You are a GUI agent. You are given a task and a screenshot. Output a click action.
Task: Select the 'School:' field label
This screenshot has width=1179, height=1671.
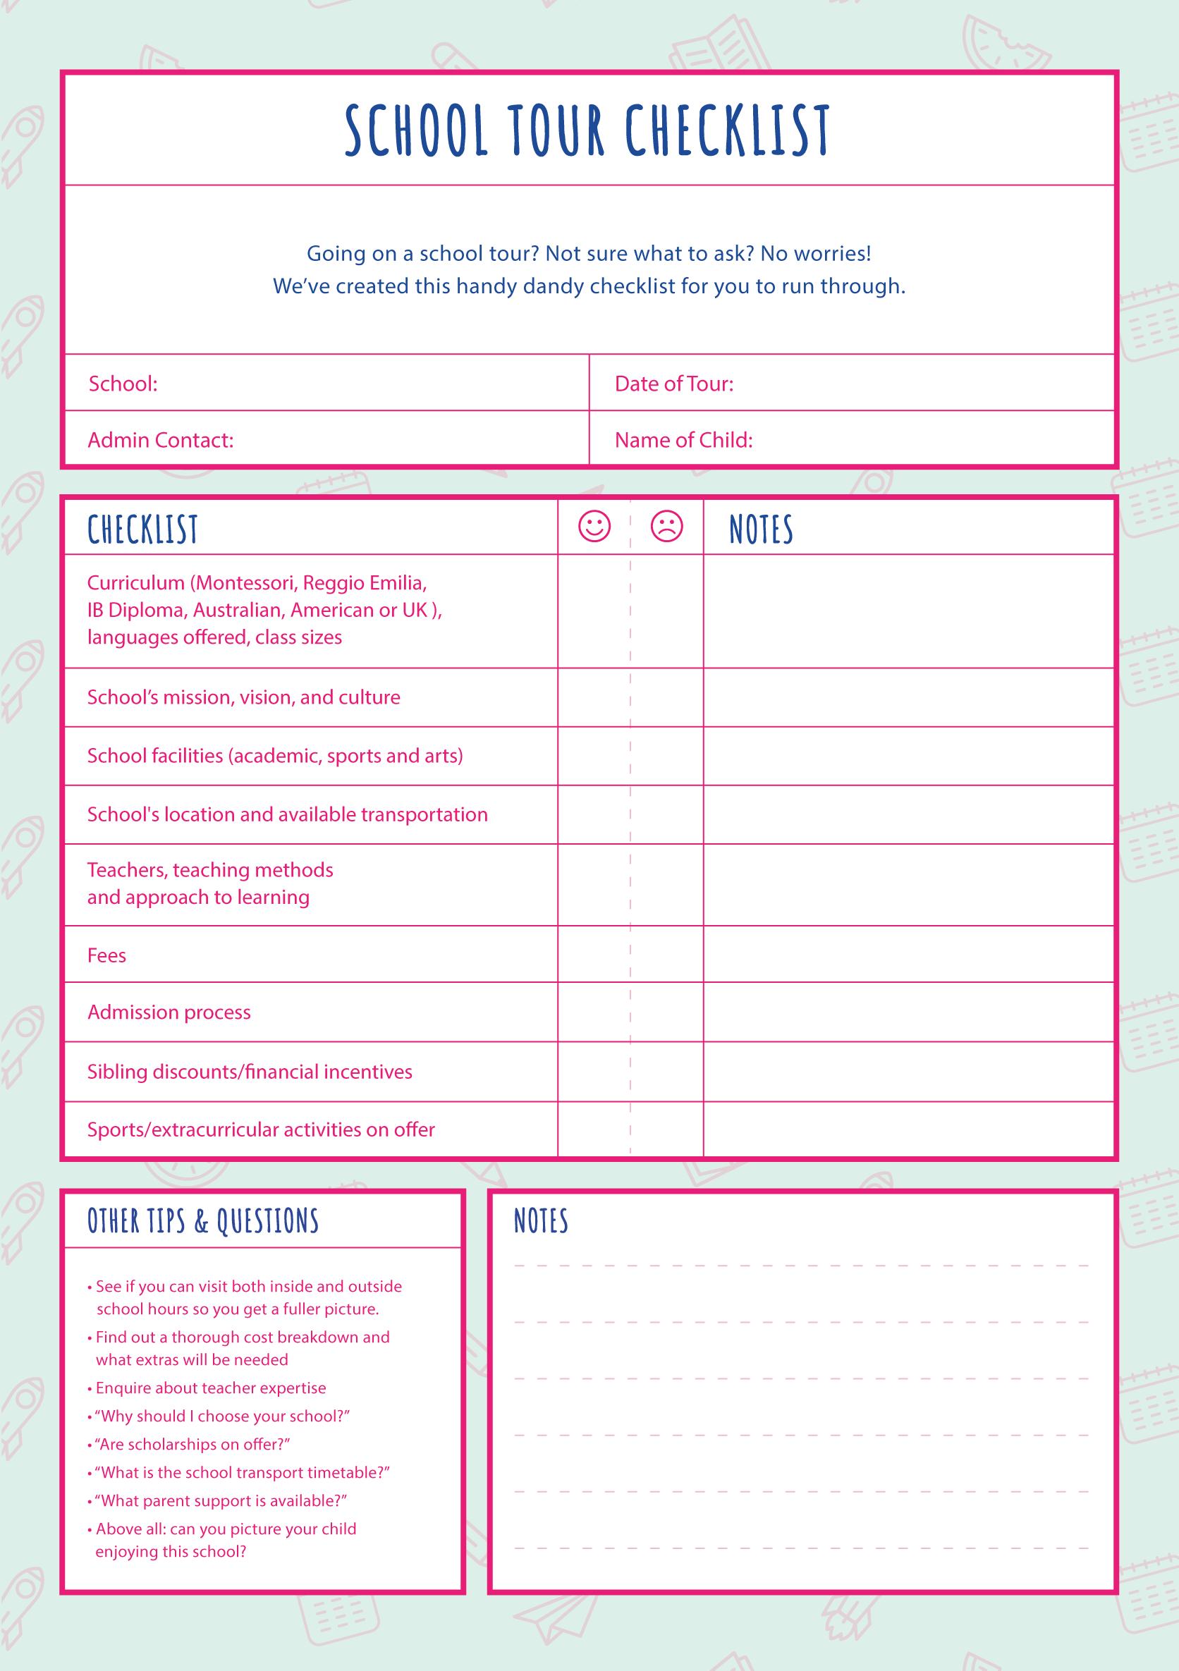point(123,384)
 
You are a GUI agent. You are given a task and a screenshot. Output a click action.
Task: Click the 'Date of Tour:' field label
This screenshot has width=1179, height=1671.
point(674,384)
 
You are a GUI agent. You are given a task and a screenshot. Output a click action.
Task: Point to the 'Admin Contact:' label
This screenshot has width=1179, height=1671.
point(161,440)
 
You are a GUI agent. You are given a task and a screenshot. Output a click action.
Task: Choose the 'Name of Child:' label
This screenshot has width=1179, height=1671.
point(683,440)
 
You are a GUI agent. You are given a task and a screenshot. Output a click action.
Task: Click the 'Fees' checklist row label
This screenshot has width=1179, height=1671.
point(107,955)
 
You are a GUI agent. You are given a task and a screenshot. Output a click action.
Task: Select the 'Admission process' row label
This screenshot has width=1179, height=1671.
point(169,1012)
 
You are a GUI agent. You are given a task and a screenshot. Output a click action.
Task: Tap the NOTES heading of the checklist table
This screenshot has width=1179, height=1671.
point(761,529)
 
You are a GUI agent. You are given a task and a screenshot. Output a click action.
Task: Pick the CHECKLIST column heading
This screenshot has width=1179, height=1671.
point(142,529)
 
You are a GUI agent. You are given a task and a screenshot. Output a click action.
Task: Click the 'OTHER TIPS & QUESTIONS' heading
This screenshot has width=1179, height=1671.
point(203,1220)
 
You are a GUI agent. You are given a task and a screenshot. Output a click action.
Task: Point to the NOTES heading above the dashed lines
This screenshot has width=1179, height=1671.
point(541,1220)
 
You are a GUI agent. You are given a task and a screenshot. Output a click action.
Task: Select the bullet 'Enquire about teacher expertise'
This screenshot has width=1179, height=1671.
point(210,1388)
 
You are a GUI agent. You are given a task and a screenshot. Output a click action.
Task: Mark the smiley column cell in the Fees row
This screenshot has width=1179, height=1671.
point(594,954)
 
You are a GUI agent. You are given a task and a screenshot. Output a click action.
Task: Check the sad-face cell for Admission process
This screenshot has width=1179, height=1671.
point(666,1012)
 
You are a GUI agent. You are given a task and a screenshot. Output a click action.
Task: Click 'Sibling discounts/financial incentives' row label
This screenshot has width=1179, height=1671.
point(250,1071)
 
